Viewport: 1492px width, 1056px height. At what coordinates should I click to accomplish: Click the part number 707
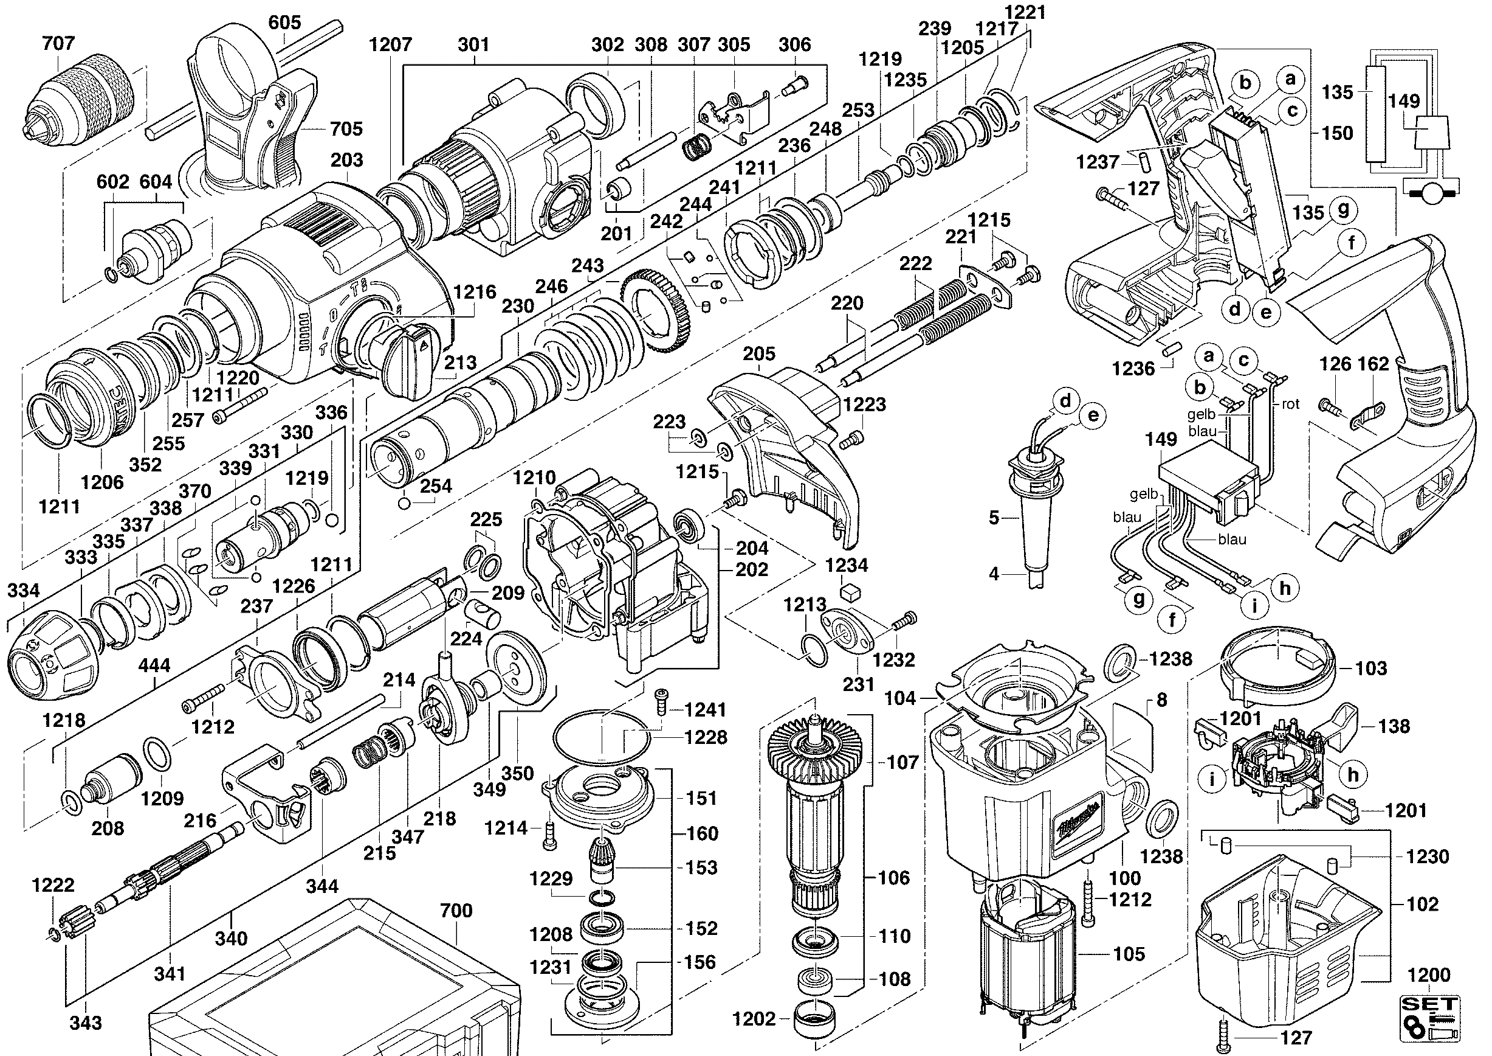58,44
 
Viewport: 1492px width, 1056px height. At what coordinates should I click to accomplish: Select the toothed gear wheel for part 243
657,313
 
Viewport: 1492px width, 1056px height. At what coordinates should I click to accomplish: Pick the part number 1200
1428,975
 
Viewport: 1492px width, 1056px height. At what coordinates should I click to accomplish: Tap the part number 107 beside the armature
902,762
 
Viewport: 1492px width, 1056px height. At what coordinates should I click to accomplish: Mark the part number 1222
53,885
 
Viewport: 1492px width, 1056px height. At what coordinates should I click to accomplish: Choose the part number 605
284,23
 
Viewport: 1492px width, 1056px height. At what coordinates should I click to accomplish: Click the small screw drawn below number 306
794,85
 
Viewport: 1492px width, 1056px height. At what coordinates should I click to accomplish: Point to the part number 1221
1025,12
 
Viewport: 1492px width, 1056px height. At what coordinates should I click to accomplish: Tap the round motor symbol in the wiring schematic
1429,192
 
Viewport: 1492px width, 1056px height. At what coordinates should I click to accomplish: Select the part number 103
1371,668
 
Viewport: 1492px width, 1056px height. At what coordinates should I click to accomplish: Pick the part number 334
23,591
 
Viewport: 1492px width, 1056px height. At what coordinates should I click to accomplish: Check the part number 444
154,666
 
